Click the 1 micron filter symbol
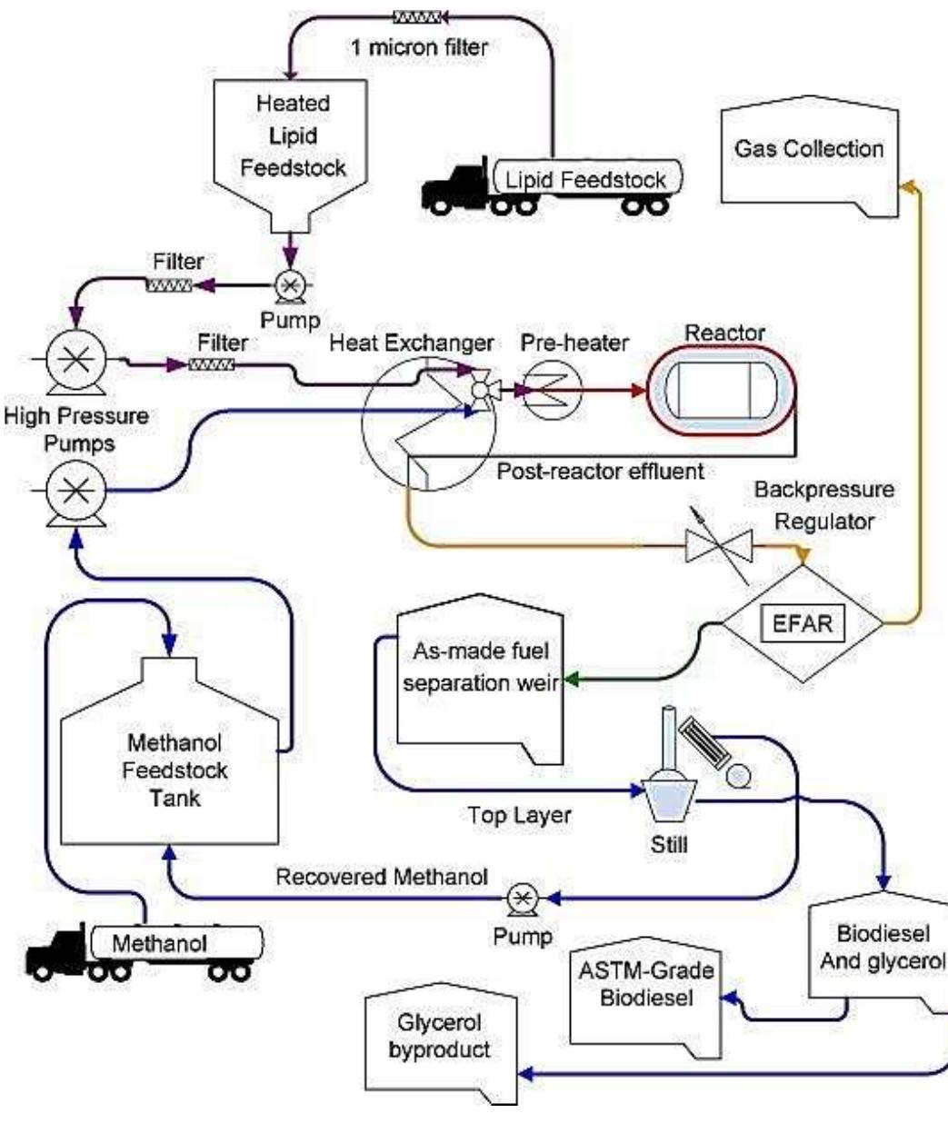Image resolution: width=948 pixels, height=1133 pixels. (417, 16)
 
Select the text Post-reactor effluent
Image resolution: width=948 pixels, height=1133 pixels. (600, 472)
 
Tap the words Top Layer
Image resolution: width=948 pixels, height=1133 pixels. (519, 815)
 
